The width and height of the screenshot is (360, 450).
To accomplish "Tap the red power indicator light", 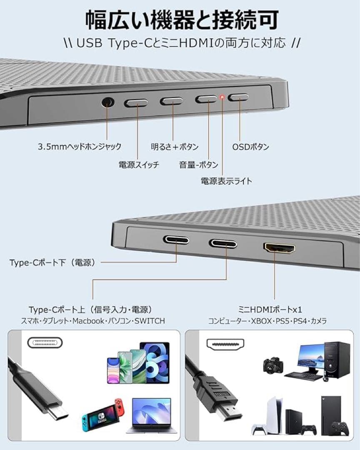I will coord(222,98).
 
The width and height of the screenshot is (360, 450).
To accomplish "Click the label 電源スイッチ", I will coord(139,165).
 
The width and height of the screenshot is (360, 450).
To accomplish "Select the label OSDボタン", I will coord(250,147).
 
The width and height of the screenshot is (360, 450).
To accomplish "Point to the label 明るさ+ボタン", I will coord(175,147).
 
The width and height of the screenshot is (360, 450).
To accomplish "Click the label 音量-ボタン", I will coord(198,165).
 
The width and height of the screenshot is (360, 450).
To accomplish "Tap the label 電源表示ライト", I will coord(226,181).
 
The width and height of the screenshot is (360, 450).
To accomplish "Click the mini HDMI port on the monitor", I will coord(279,248).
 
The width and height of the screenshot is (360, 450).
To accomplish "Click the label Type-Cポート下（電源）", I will coord(53,262).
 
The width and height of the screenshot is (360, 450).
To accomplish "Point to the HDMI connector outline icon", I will coord(225,344).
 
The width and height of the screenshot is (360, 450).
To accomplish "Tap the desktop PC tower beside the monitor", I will coord(337,360).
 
